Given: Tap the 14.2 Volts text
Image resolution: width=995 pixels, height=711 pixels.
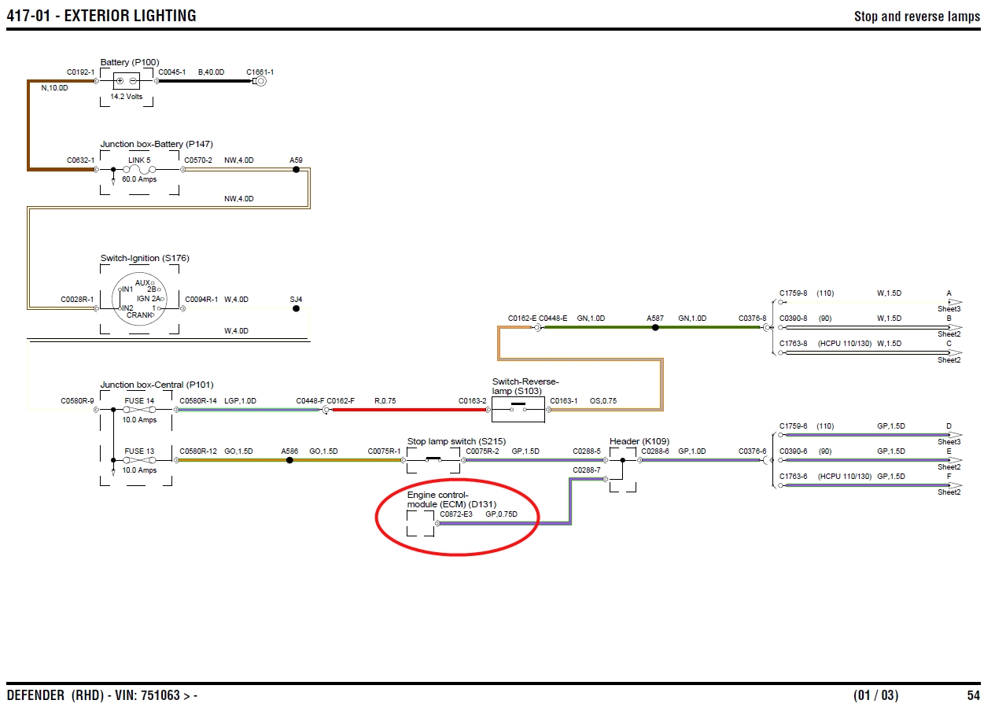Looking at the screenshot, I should [x=126, y=98].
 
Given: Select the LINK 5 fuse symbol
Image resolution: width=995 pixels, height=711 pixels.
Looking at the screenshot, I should [x=140, y=169].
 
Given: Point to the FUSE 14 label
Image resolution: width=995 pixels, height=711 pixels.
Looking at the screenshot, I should [x=139, y=401].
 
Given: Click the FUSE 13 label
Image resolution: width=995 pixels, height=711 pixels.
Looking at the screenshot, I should [x=139, y=451].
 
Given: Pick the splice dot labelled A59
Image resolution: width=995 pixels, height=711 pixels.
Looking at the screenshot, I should [x=296, y=169].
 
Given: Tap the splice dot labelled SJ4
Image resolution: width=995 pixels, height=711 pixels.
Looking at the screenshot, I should [x=296, y=309].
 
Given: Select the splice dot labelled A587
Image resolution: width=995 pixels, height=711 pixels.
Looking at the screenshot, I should [x=655, y=327].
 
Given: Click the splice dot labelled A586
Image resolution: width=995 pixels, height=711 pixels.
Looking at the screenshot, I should [x=289, y=460].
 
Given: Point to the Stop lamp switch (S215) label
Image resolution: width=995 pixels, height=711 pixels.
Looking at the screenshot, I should [x=446, y=441].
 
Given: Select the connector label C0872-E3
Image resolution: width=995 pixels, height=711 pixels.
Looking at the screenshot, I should [x=456, y=514].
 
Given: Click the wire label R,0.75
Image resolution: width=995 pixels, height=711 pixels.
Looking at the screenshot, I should [x=385, y=401].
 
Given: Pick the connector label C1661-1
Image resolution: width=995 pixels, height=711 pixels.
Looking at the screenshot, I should [x=260, y=72].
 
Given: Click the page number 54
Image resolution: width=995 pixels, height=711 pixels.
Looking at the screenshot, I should [x=974, y=695].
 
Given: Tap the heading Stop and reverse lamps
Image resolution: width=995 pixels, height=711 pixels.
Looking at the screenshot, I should [x=917, y=17].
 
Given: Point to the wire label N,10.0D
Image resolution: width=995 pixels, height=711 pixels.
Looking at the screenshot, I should [x=54, y=88].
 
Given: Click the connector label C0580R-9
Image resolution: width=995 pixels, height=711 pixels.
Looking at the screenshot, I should [x=77, y=401].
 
